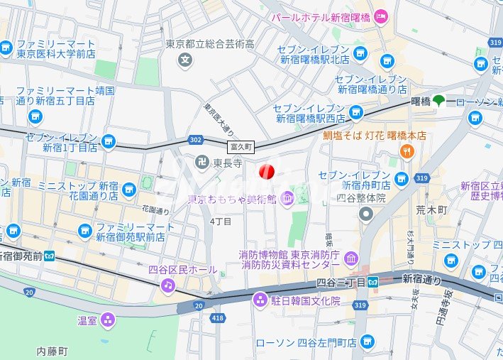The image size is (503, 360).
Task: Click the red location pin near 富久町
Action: click(267, 171)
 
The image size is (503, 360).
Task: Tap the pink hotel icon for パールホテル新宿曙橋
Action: click(380, 16)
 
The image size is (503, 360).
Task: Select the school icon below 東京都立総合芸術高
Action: click(186, 59)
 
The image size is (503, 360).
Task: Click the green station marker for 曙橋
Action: click(440, 101)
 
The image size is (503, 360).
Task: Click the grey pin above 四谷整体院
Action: click(366, 214)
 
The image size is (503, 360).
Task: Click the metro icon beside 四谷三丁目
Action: click(373, 282)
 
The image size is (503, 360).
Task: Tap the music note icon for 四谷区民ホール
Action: click(167, 285)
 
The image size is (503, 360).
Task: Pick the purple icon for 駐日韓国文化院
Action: click(260, 300)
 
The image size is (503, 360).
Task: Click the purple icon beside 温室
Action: click(107, 320)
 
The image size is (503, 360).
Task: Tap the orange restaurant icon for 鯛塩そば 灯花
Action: click(407, 150)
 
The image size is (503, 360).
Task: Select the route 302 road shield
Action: click(195, 141)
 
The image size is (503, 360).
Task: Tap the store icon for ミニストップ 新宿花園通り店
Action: click(129, 190)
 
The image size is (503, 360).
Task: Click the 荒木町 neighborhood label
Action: click(432, 211)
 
